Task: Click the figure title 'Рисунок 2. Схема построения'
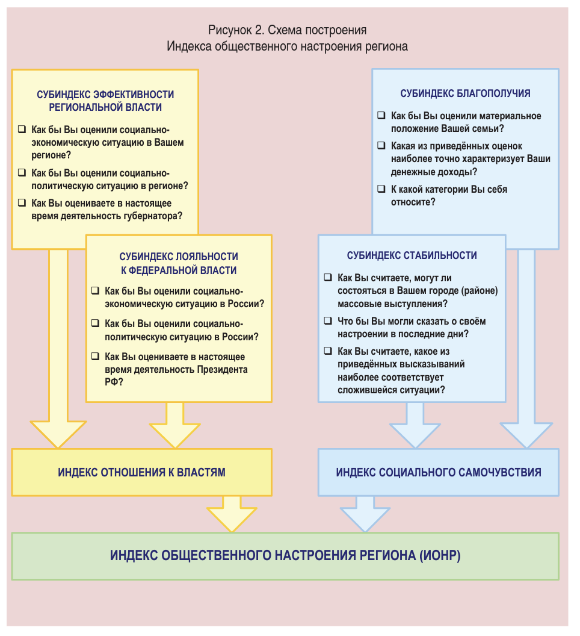coord(287,30)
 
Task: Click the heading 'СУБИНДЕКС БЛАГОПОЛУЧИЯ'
coord(465,93)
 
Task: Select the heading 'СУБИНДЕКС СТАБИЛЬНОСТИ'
coord(412,255)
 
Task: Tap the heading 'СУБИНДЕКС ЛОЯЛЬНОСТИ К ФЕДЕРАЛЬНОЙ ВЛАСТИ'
coord(179,263)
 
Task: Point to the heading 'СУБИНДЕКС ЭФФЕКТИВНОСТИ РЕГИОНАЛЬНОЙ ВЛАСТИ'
coord(105,101)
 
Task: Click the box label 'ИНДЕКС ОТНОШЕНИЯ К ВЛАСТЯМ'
coord(141,472)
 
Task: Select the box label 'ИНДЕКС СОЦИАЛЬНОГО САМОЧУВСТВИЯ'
coord(438,472)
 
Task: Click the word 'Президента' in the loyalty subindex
coord(222,369)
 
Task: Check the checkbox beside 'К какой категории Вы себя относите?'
coord(381,189)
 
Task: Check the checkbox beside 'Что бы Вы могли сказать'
coord(328,321)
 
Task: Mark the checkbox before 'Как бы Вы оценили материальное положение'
coord(381,116)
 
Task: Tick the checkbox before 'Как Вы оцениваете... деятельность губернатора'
coord(22,204)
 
